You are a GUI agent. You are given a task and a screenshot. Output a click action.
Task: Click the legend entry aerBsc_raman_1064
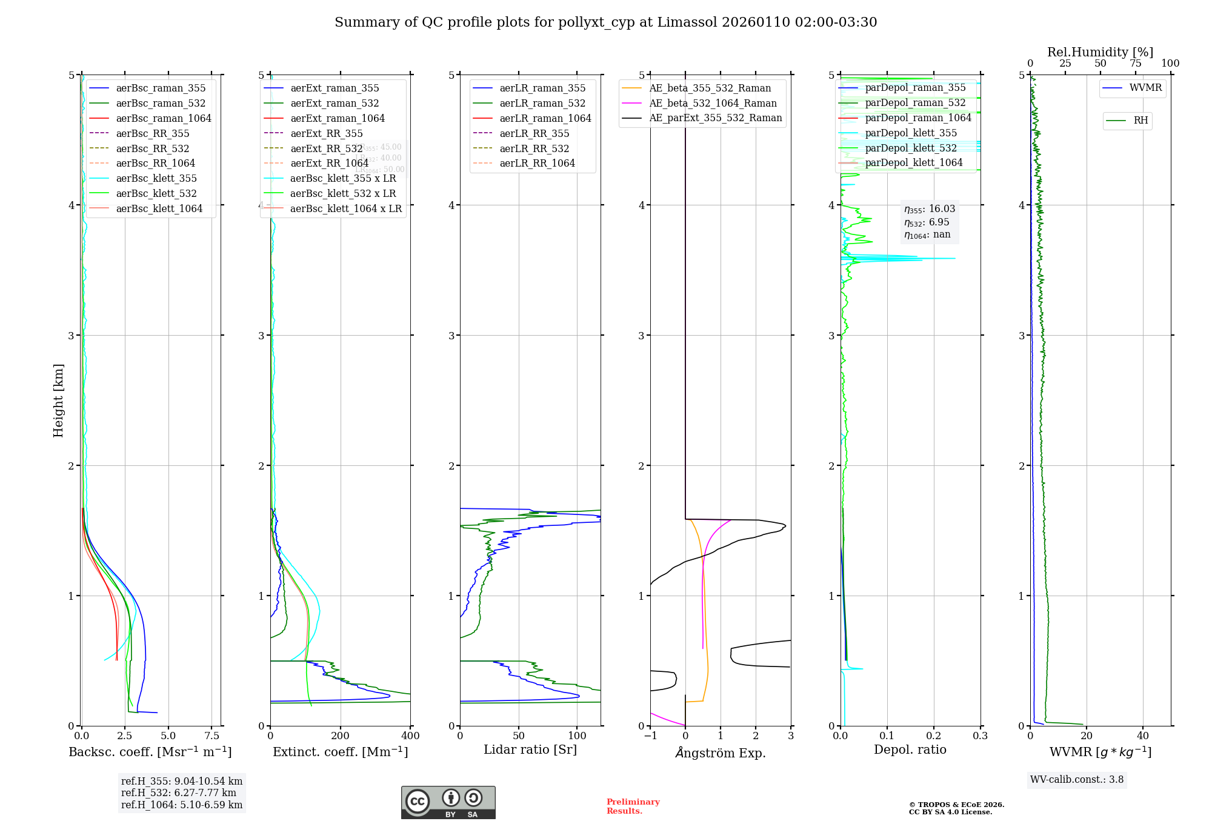tap(163, 118)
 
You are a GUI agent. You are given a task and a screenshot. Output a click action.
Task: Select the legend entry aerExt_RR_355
tap(326, 133)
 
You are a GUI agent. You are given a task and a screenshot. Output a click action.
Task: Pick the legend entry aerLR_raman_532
tap(542, 103)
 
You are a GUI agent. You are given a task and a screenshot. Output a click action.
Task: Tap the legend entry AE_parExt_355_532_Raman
tap(715, 118)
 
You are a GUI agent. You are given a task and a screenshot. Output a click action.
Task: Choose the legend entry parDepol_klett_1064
tap(913, 162)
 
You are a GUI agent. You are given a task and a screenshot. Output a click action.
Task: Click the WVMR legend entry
tap(1145, 88)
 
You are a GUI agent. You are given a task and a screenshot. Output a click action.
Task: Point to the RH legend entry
tap(1140, 121)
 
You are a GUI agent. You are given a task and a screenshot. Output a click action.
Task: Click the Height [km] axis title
tap(58, 400)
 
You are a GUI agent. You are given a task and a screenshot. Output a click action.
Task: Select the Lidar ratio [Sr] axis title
tap(530, 749)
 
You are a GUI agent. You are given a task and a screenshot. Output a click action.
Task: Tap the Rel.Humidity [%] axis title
tap(1100, 52)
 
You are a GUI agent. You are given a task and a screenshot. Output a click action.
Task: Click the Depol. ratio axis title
tap(910, 749)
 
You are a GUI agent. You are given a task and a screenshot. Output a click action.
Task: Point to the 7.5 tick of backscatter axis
tap(211, 736)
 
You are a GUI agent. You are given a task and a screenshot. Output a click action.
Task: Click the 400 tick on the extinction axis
tap(410, 736)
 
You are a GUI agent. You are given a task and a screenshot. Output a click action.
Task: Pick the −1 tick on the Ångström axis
tap(650, 736)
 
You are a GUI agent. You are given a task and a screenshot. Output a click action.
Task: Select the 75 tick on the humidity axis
tap(1135, 64)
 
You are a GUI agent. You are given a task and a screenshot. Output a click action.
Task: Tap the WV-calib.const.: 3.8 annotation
tap(1077, 780)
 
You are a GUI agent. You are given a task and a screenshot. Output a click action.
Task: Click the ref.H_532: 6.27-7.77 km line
tap(178, 793)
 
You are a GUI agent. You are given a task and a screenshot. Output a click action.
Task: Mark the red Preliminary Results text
tap(633, 806)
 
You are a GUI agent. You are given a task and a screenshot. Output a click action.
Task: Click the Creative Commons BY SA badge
tap(448, 803)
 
